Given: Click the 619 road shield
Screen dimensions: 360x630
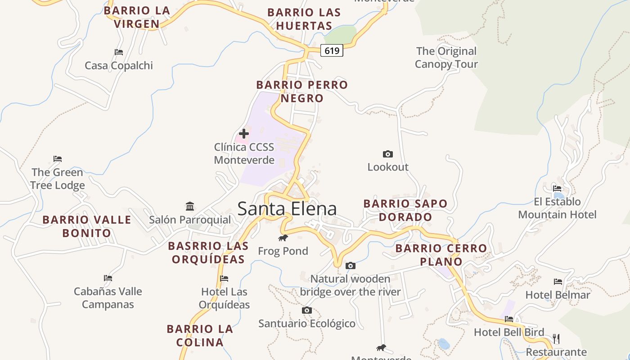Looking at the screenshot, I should click(332, 51).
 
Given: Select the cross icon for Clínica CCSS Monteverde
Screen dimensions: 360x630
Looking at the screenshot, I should click(244, 134).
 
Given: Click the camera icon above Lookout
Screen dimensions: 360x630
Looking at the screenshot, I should click(387, 154).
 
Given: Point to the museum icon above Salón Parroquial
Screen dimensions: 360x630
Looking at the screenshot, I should click(190, 207).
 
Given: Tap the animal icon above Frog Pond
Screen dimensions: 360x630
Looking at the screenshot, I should click(283, 238).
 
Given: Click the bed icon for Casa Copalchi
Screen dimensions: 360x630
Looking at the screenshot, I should click(119, 52).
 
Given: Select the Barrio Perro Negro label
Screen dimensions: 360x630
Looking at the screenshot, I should click(302, 91).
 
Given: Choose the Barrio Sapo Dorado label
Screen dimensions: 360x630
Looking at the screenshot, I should click(405, 210).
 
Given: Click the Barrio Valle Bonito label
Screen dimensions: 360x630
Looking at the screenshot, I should click(87, 226).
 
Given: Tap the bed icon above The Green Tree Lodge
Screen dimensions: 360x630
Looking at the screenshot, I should click(58, 159).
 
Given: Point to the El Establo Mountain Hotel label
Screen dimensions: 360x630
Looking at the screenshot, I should click(557, 208).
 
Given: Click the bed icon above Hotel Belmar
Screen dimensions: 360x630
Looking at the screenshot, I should click(558, 282).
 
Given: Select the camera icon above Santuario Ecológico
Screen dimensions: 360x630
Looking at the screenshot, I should click(307, 310).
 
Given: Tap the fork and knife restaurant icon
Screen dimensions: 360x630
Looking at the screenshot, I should click(556, 338).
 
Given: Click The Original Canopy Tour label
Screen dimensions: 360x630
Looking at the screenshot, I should click(446, 58).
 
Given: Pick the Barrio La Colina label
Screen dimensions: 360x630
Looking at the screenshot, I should click(200, 336).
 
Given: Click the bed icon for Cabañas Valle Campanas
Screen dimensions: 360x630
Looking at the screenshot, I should click(108, 278).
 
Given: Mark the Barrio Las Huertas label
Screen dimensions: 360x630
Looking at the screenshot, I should click(304, 19).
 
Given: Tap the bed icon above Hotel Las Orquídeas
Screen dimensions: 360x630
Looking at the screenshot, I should click(224, 279).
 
